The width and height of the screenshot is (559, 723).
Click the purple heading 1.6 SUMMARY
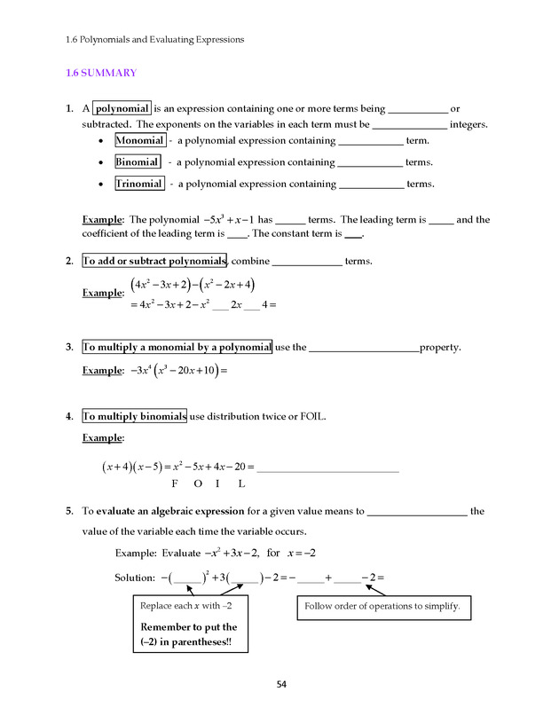tap(101, 73)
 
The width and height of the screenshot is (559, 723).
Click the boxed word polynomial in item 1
tap(122, 109)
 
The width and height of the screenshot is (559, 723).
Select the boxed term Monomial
tap(139, 140)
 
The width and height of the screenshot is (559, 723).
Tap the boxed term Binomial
tap(138, 162)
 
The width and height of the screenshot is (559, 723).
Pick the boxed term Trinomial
tap(139, 184)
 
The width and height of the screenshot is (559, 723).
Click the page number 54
tap(281, 684)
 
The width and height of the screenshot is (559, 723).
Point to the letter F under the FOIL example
tap(175, 484)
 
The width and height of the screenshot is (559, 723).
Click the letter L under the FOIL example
tap(241, 484)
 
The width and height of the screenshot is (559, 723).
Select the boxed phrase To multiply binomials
tap(134, 416)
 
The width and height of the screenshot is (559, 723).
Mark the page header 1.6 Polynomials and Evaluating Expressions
tap(154, 39)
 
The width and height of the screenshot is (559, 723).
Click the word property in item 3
tap(440, 348)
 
